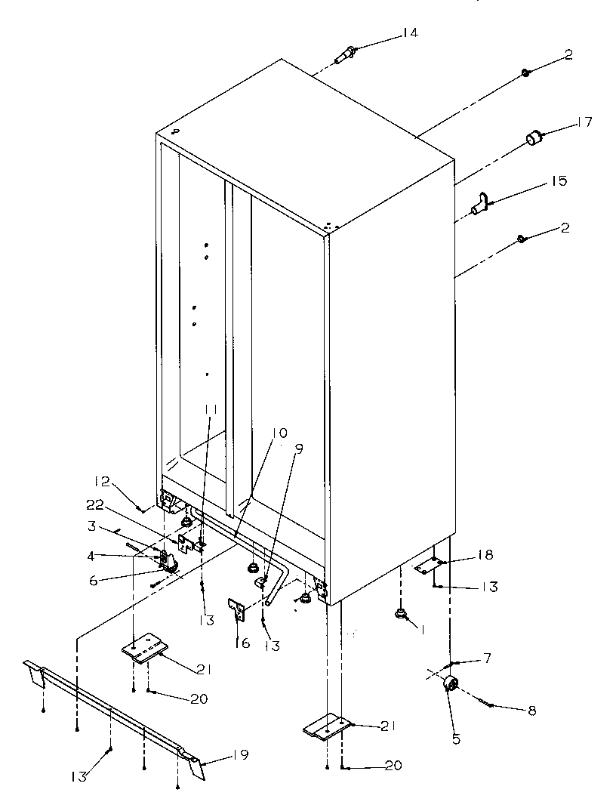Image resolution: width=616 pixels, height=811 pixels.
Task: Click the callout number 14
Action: tap(409, 32)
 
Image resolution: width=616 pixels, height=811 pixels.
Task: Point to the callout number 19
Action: tap(241, 754)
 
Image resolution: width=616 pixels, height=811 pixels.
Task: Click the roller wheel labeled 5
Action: tap(452, 684)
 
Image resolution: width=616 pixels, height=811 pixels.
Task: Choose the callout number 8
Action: tap(531, 711)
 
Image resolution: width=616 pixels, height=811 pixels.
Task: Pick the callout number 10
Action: tap(279, 433)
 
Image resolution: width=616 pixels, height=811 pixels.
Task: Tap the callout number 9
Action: tap(299, 448)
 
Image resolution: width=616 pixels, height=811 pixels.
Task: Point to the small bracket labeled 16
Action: tap(237, 608)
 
